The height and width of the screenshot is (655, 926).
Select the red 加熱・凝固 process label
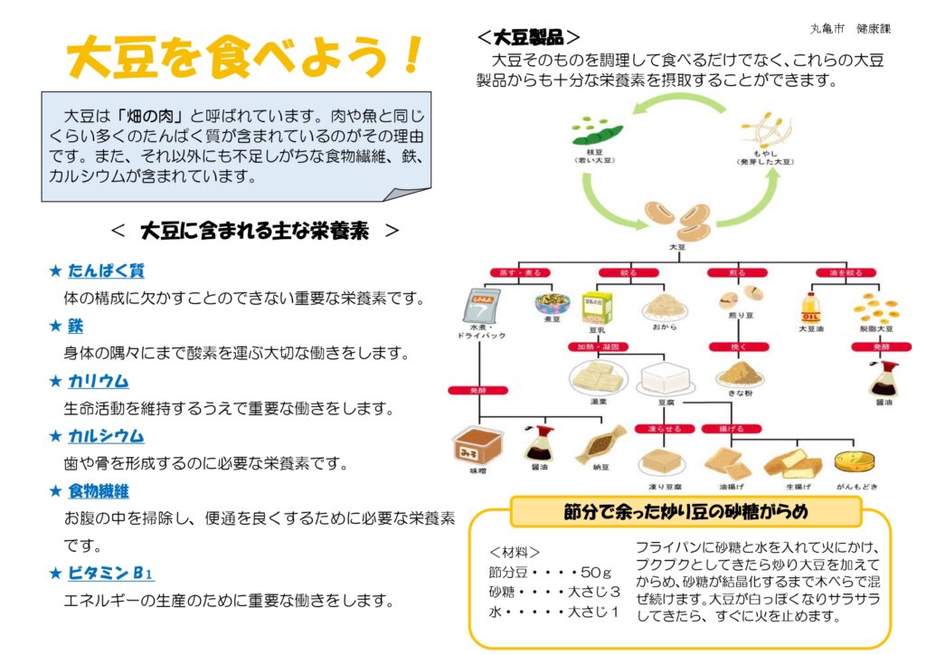coord(598,347)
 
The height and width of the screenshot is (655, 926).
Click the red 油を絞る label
coord(833,271)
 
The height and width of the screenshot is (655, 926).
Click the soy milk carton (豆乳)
coord(596,307)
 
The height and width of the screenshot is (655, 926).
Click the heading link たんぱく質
coord(106,271)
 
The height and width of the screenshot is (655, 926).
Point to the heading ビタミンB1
coord(110,573)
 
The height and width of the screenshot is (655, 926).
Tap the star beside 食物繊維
coord(55,491)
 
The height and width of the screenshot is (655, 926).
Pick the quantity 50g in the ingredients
coord(597,572)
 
